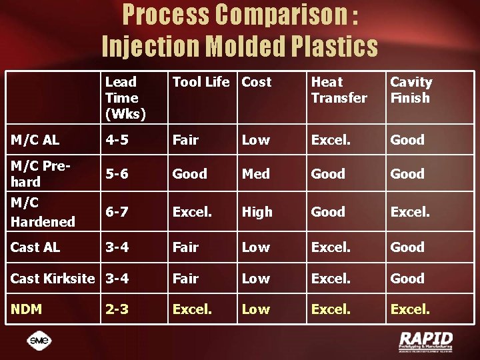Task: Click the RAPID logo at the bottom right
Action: coord(425,341)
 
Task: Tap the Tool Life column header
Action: coord(201,82)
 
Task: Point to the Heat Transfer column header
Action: coord(339,90)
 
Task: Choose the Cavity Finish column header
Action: coord(411,90)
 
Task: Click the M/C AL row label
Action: coord(35,140)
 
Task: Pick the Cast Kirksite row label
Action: coord(53,279)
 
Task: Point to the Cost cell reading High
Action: coord(257,212)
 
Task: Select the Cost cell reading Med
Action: coord(255,174)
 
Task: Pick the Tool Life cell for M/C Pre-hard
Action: coord(190,174)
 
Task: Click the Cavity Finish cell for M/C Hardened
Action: coord(410,212)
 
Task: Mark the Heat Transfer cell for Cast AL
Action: coord(331,247)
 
